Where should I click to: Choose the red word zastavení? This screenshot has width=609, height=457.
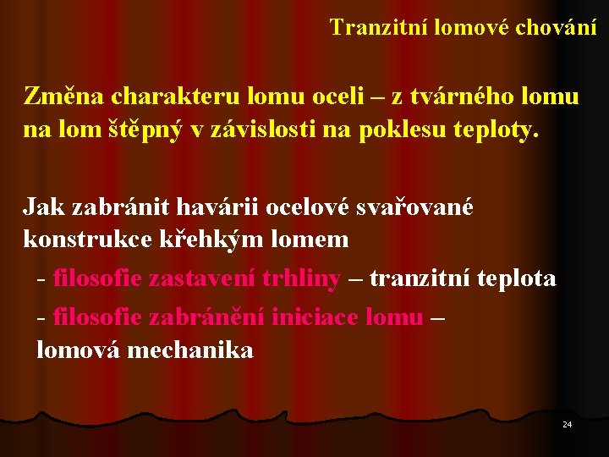tap(202, 278)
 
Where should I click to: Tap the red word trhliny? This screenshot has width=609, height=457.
tap(301, 278)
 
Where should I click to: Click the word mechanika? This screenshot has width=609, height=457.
tap(189, 350)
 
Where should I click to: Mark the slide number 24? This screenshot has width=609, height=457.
tap(567, 424)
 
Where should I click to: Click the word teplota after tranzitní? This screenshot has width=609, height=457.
tap(514, 278)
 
